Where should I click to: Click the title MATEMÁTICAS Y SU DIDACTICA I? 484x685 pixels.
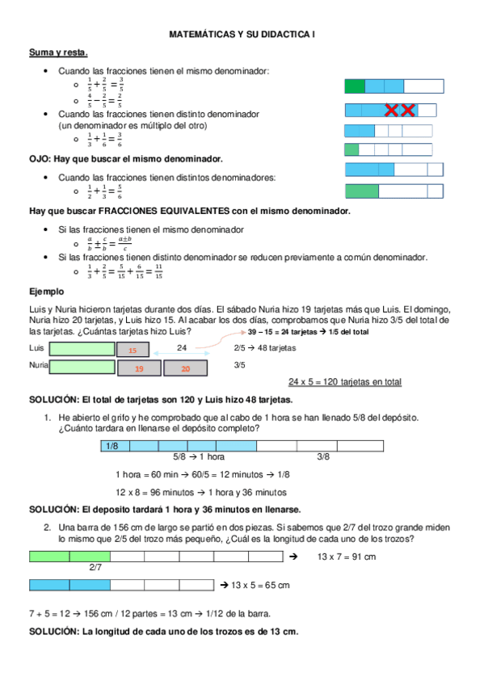click(x=242, y=36)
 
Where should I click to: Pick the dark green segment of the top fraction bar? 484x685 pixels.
click(x=355, y=86)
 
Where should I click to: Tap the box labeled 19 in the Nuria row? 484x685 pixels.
click(x=139, y=368)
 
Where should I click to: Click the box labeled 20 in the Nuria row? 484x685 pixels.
click(x=185, y=368)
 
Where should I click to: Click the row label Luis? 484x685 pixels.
click(x=36, y=348)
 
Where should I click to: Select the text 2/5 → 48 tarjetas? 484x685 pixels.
click(x=264, y=348)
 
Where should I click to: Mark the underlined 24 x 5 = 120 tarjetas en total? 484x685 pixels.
click(x=345, y=382)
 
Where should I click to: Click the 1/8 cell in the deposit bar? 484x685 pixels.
click(x=114, y=446)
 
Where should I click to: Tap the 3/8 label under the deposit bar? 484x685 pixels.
click(x=322, y=457)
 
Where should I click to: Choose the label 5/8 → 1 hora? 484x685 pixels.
click(x=199, y=457)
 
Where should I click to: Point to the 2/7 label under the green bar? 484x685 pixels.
click(x=95, y=568)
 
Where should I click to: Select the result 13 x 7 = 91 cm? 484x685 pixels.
click(x=346, y=557)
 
